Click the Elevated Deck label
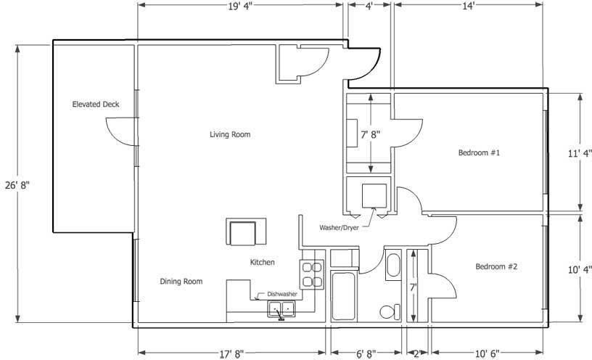point(96,105)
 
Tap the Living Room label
point(230,134)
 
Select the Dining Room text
point(181,282)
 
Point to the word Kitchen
point(262,262)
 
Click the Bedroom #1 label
point(479,152)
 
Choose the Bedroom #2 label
point(496,266)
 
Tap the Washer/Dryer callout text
point(339,228)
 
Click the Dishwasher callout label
point(282,294)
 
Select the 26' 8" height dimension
point(17,186)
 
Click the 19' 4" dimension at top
point(239,7)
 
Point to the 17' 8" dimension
point(232,354)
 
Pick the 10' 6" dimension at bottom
point(487,354)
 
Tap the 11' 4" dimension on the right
point(580,154)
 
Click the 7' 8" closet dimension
point(371,134)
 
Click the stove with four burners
point(312,274)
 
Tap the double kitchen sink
point(281,309)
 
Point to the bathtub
point(343,296)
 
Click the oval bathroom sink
point(393,265)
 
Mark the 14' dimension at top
point(468,7)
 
